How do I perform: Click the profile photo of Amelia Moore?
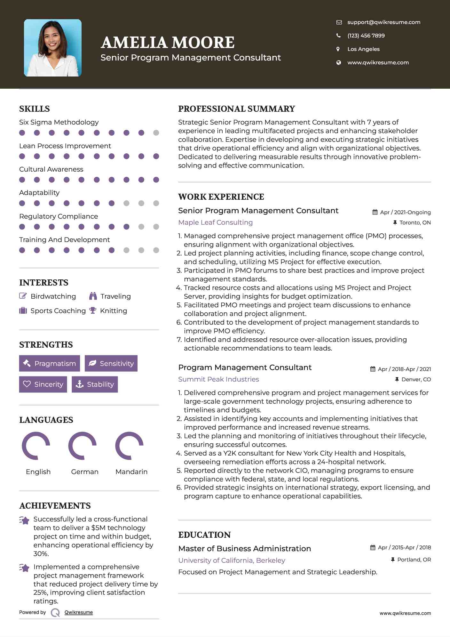coord(53,48)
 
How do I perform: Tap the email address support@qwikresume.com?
coord(384,22)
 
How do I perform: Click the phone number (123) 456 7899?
coord(366,36)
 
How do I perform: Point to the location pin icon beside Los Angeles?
coord(338,49)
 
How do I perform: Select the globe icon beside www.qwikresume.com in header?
coord(339,62)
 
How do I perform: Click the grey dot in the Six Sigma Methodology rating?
coord(156,133)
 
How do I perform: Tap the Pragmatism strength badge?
coord(50,363)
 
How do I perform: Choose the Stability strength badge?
coord(95,384)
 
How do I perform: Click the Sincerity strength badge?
coord(43,384)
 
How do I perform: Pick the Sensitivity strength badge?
coord(111,363)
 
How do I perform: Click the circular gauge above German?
coord(83,446)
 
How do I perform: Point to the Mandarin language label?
coord(131,472)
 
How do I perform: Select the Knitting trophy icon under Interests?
coord(93,310)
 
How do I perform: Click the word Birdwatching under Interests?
coord(53,296)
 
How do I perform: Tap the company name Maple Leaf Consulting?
coord(215,222)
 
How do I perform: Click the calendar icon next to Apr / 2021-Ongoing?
coord(375,212)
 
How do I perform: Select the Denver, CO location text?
coord(416,379)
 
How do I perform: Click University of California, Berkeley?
coord(232,560)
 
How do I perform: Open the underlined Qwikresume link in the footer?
coord(79,612)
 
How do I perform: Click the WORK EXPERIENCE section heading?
coord(221,197)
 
